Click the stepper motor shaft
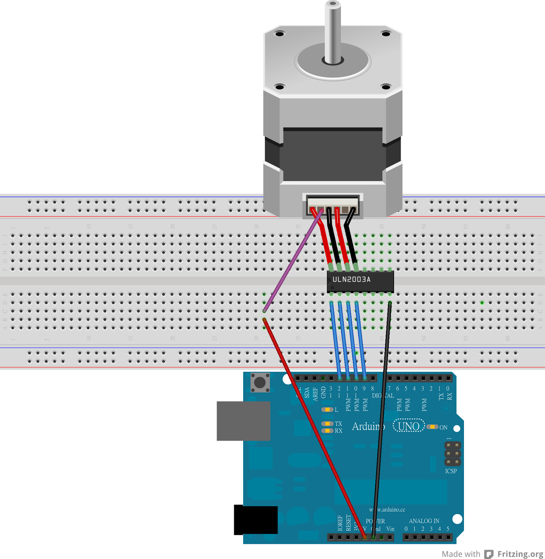[333, 31]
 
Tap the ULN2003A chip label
[351, 279]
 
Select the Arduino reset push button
[260, 383]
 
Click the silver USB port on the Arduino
[243, 421]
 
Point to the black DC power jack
[255, 520]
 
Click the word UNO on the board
[408, 426]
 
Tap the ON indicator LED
[433, 427]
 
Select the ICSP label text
[451, 471]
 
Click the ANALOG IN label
[424, 521]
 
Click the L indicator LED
[327, 409]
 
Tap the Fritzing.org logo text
[520, 554]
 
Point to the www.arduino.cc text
[387, 510]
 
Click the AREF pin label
[315, 394]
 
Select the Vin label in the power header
[390, 529]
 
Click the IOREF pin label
[340, 523]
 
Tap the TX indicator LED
[327, 424]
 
